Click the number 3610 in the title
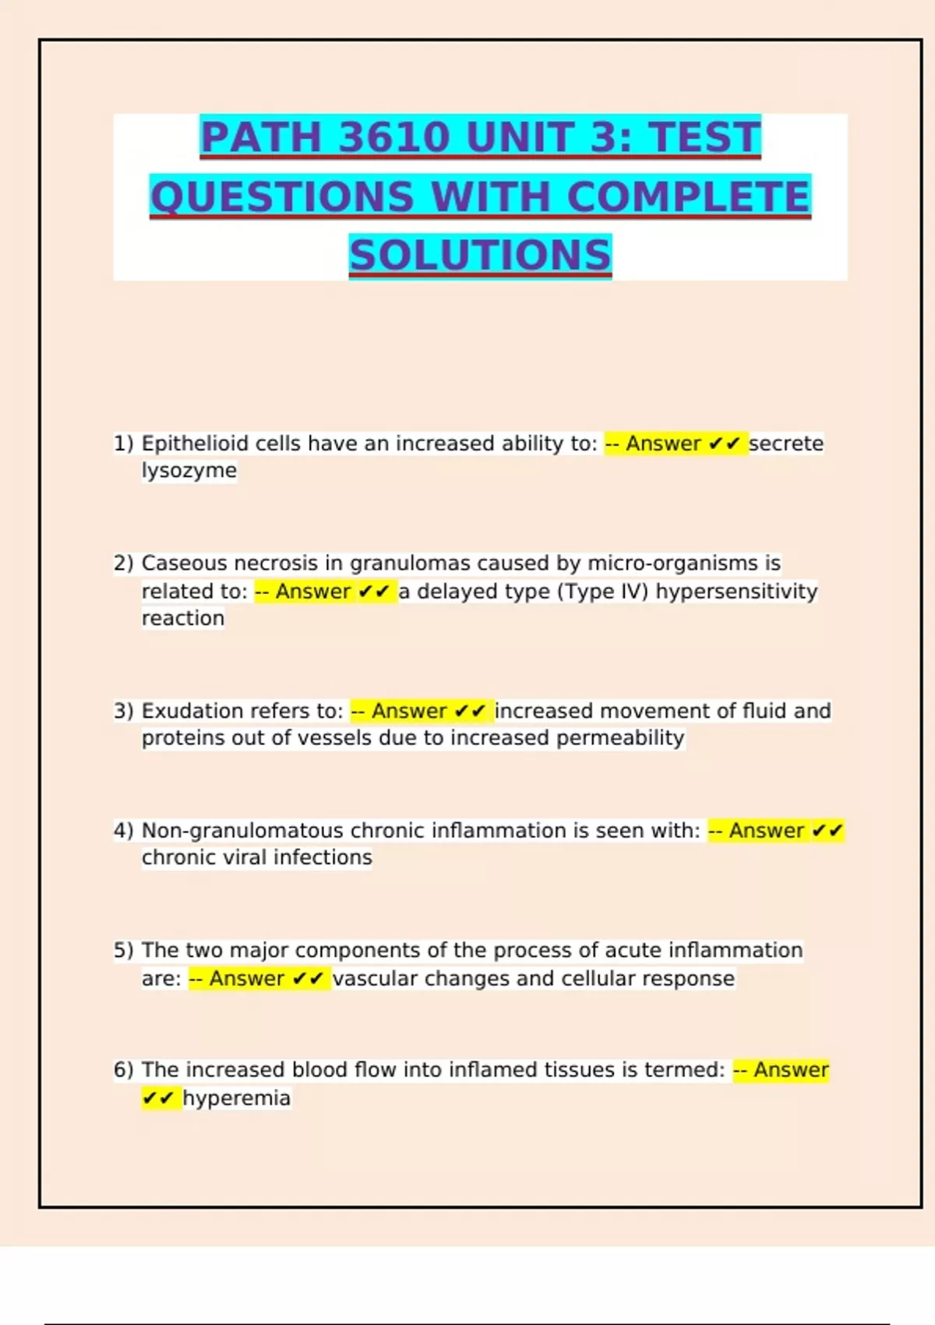coord(395,137)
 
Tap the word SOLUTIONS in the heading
coord(480,256)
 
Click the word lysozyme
coord(189,471)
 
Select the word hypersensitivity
coord(736,592)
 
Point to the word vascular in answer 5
coord(375,978)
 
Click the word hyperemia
coord(237,1098)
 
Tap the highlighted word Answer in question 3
coord(409,711)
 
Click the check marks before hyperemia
coord(158,1098)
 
